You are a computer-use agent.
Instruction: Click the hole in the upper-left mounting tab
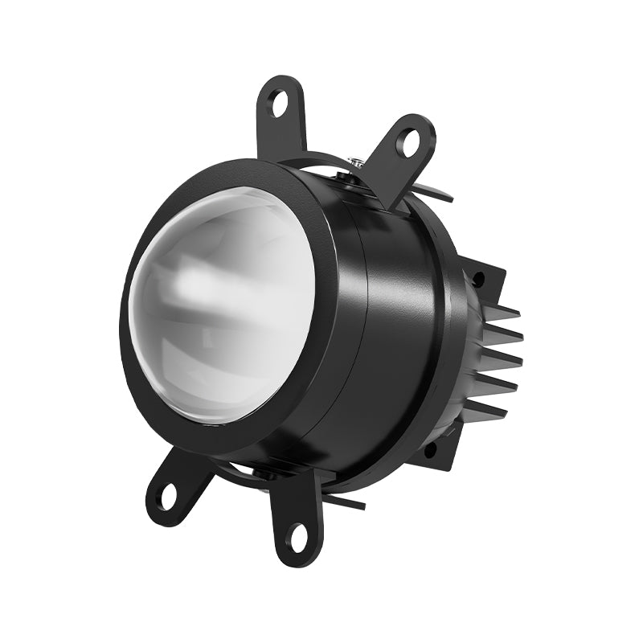[x=279, y=102]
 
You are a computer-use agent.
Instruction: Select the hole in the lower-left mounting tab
[x=168, y=493]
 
